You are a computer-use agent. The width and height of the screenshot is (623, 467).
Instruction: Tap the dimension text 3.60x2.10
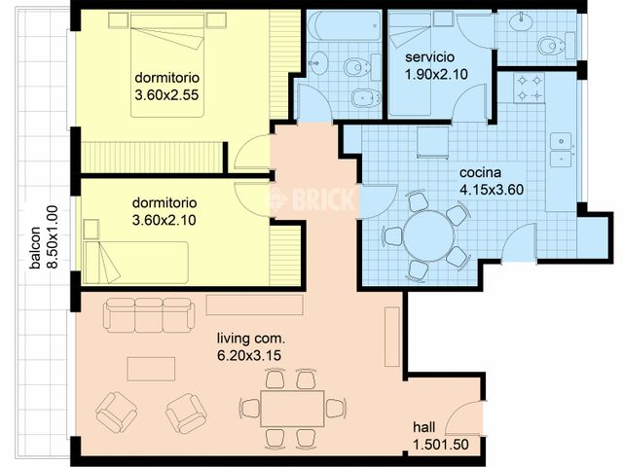click(165, 221)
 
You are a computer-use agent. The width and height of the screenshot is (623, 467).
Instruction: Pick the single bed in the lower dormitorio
click(136, 260)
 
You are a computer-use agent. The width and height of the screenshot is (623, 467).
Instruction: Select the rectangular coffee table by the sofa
click(151, 368)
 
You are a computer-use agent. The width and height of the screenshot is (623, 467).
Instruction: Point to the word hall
click(425, 427)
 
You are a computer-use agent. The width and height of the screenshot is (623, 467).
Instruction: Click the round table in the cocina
click(424, 235)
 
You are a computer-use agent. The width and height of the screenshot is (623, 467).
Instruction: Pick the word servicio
click(435, 57)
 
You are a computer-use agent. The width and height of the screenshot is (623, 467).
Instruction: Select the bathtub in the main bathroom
click(344, 26)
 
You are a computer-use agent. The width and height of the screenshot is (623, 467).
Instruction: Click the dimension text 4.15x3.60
click(492, 189)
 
